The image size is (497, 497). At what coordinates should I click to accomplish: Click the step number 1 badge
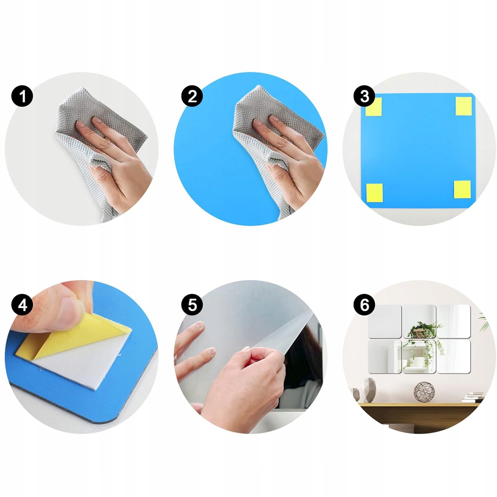pos(22,97)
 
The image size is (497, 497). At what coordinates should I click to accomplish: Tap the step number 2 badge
pos(192,96)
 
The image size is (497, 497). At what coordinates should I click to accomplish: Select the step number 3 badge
pos(364,96)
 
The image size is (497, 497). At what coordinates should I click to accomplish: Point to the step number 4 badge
pos(22,305)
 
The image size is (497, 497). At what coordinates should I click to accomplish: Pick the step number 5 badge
pos(192,305)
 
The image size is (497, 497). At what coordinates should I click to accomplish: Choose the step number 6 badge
pos(364,305)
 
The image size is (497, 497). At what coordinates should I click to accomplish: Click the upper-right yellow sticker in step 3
pos(463,106)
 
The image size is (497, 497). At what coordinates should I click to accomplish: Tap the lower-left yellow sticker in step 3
pos(374,193)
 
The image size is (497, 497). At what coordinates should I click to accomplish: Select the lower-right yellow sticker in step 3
pos(462,190)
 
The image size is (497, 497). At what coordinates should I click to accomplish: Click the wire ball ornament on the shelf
pos(424,392)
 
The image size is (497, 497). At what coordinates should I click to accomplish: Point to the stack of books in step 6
pos(472,397)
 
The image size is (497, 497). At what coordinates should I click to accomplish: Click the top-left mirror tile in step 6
pos(384,322)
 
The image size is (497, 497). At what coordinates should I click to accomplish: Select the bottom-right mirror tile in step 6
pos(454,356)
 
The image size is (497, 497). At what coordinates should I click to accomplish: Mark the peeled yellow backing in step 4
pos(80,336)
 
